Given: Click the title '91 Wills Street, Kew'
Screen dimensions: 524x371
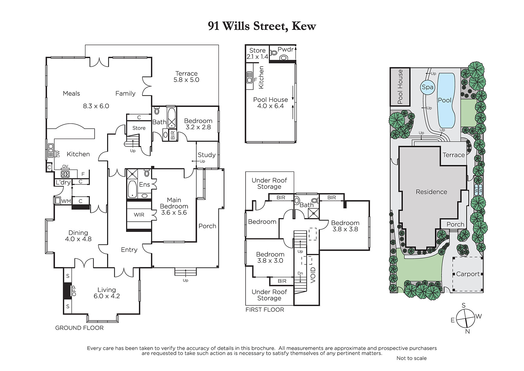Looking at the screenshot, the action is pos(262,26).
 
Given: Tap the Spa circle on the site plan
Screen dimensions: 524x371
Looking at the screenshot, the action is pos(427,87).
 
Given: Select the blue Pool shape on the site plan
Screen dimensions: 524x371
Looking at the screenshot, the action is pos(446,100).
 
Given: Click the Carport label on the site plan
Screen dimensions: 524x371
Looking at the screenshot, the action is pos(468,274).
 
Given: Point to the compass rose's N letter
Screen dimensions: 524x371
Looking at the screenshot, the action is pos(467,331).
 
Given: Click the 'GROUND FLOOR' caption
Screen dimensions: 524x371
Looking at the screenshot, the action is pos(79,328).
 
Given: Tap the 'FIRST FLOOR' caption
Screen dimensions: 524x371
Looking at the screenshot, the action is pos(265,310).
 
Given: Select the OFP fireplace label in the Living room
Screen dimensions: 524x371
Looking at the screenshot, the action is pos(74,291).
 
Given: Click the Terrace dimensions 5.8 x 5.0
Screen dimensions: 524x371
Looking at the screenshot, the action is pos(186,80).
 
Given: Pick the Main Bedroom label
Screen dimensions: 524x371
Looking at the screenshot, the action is pos(174,203).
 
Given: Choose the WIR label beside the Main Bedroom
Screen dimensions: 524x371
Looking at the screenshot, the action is pos(139,215).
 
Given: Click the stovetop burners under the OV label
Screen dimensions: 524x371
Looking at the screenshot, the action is pos(65,174).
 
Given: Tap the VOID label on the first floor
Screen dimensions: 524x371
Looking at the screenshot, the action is pos(313,275).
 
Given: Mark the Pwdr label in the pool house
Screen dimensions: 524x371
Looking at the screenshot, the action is pos(285,50).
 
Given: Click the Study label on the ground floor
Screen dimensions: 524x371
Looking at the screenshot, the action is pos(207,155).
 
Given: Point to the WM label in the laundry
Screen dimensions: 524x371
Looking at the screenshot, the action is pos(66,201).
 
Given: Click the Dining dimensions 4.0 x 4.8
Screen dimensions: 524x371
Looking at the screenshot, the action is pos(78,239).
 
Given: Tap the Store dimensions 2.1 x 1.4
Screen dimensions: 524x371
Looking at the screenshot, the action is pos(257,56).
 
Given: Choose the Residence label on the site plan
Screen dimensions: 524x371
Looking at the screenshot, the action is pos(431,192).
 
